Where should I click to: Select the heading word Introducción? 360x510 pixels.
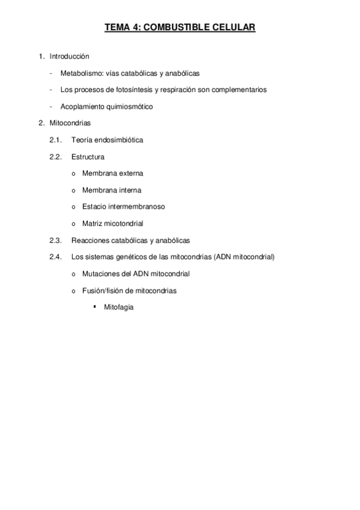(x=69, y=57)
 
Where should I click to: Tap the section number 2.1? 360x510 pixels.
(x=56, y=140)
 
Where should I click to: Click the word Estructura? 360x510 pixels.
(x=87, y=157)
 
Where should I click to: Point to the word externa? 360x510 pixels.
(x=130, y=173)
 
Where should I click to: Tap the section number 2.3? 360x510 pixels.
(x=56, y=240)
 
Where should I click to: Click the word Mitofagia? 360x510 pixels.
(x=118, y=307)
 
